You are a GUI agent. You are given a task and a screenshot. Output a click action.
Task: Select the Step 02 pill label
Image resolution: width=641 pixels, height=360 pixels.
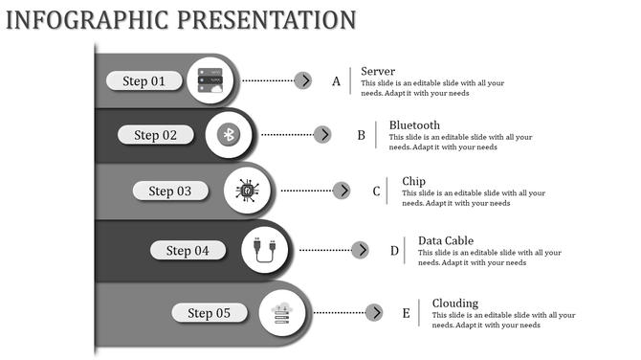(x=156, y=135)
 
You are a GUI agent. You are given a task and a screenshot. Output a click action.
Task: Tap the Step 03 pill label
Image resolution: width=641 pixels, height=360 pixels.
(x=170, y=191)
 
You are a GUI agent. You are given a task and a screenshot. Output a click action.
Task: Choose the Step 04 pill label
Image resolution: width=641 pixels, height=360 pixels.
(x=188, y=251)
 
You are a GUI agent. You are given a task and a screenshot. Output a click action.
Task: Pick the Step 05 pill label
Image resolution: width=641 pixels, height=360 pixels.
(x=209, y=313)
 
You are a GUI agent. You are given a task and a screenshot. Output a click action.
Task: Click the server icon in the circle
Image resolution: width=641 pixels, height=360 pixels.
(x=210, y=80)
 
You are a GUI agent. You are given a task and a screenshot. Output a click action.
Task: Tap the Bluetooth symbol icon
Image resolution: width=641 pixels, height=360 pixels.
(x=229, y=135)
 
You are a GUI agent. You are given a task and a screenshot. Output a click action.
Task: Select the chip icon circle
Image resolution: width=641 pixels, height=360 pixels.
(x=248, y=191)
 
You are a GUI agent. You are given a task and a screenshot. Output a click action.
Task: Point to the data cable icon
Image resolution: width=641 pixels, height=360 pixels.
(x=266, y=251)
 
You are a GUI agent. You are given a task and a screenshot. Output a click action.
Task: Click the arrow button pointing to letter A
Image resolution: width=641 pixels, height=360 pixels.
(x=303, y=80)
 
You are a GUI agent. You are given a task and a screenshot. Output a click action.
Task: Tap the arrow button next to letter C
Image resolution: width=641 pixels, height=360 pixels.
(x=342, y=191)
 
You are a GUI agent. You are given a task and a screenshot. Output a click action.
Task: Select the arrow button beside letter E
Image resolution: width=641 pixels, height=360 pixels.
(x=374, y=313)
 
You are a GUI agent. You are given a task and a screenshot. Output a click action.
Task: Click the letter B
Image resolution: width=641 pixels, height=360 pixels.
(x=362, y=136)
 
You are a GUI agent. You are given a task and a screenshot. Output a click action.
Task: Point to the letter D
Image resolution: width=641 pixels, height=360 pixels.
(x=394, y=251)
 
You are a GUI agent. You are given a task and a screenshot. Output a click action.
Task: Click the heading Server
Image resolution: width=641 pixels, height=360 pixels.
(x=378, y=72)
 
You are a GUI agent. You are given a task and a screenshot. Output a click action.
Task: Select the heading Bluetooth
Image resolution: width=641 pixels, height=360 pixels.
(x=414, y=125)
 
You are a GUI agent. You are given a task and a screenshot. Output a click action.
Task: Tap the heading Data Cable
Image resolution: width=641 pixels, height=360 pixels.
(x=446, y=241)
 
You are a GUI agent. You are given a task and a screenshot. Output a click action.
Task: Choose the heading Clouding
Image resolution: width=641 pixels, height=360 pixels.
(x=455, y=304)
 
